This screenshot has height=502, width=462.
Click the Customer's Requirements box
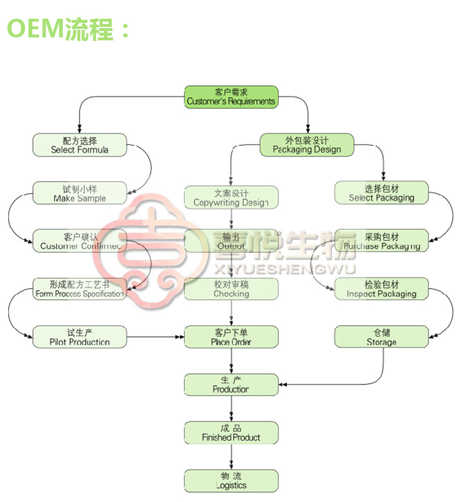(231, 97)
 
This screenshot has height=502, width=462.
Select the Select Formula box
(80, 145)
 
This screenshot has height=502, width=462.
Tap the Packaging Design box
(307, 145)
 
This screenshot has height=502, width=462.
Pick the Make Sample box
(80, 193)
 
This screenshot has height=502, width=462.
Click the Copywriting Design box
(231, 198)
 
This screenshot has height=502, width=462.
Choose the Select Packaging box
(381, 193)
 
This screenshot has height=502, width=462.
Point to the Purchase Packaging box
(381, 241)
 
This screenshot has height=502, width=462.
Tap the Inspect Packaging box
(381, 289)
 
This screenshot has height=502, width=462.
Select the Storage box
(381, 337)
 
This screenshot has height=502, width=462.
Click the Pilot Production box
(80, 337)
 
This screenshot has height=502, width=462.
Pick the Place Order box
(231, 337)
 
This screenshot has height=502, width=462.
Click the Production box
(231, 384)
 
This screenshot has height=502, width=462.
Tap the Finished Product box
(231, 432)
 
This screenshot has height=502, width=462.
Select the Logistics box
(231, 480)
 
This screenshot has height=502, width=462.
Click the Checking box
(231, 289)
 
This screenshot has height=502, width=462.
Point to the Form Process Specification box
(80, 289)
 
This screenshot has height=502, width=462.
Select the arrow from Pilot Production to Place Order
(155, 337)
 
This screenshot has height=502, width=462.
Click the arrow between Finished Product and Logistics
(231, 456)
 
